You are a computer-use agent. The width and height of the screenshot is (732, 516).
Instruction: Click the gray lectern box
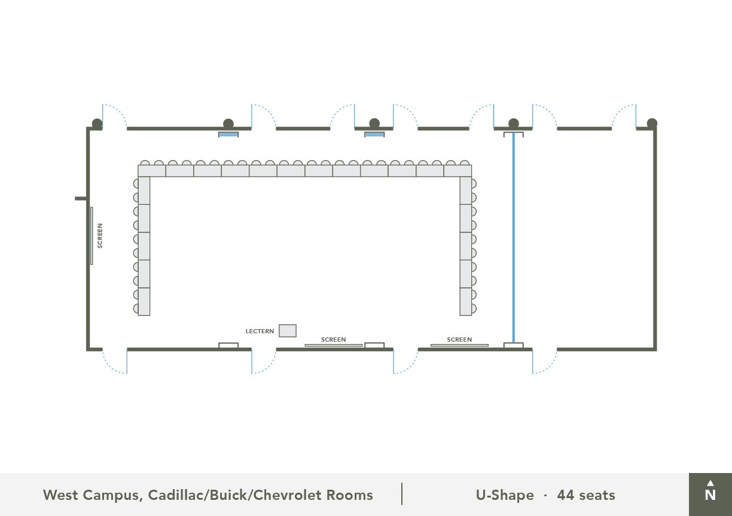288,331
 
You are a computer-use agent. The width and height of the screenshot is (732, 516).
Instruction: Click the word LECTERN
260,331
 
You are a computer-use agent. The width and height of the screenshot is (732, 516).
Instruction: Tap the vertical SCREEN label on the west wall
100,236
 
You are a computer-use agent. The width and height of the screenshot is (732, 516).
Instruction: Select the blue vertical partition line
513,238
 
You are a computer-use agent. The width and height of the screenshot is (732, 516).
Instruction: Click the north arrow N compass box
710,494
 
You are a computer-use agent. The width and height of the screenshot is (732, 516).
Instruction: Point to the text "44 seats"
586,495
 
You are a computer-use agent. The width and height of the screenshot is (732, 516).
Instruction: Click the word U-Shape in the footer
505,495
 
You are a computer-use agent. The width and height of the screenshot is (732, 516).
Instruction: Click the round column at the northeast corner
652,124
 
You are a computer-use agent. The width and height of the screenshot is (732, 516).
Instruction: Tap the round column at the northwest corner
97,124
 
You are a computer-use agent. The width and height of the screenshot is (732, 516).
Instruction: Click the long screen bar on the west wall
91,236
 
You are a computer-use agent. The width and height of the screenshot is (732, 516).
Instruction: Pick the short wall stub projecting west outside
81,198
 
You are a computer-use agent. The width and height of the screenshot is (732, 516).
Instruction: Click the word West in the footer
60,495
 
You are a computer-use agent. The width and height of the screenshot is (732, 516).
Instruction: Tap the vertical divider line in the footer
402,494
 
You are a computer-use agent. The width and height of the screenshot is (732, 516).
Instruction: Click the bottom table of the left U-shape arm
144,302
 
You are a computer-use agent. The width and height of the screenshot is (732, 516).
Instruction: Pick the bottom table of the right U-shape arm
466,302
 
